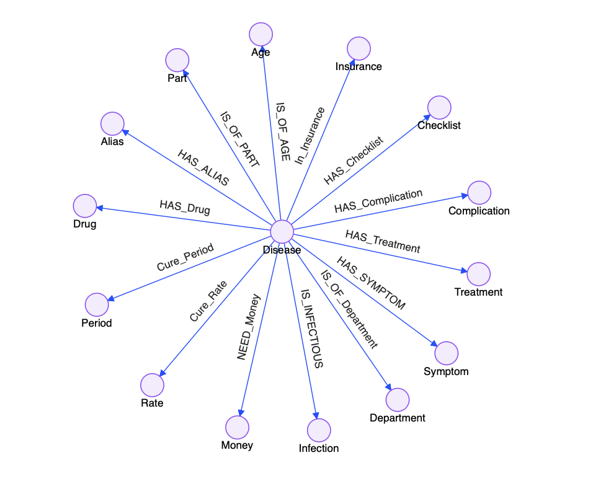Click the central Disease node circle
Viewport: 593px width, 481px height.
282,232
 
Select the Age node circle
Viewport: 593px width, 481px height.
261,35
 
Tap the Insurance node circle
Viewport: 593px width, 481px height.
359,49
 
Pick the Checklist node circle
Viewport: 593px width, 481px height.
439,108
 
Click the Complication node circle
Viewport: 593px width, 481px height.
479,193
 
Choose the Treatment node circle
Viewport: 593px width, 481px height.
478,274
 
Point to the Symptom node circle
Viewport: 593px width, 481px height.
446,353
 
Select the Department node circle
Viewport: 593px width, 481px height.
397,400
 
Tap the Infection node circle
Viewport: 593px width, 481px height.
319,430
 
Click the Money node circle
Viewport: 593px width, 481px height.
237,428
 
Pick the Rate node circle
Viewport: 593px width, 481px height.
152,386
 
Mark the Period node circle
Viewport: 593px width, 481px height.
96,305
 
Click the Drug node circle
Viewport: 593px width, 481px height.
85,206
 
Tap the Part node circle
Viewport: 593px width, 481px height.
177,61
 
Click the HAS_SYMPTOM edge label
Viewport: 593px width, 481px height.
371,283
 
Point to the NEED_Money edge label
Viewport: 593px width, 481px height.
249,327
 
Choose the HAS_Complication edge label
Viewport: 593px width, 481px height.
378,201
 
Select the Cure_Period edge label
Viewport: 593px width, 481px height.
185,257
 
